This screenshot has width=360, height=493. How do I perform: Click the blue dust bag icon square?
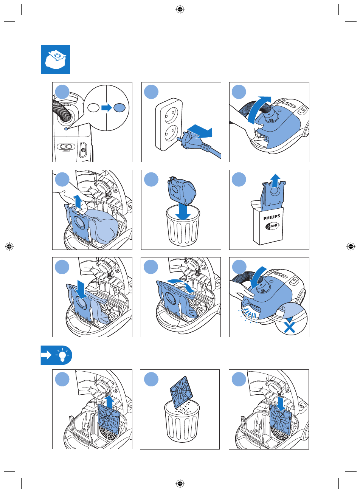55,59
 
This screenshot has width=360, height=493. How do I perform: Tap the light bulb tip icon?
62,355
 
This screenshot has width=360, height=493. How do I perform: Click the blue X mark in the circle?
289,327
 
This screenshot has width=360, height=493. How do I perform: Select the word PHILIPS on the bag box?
272,217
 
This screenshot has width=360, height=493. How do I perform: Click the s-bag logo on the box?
272,226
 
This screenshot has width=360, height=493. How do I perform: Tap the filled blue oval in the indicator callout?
119,108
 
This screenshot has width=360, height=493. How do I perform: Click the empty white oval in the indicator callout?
93,108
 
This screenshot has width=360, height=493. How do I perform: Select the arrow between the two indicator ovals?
107,108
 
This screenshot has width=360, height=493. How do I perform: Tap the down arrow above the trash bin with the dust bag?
183,211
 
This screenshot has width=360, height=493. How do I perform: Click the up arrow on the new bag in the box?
275,180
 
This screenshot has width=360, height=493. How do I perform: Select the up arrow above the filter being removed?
109,402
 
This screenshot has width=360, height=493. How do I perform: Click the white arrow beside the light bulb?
46,355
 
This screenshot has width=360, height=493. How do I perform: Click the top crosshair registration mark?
180,9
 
